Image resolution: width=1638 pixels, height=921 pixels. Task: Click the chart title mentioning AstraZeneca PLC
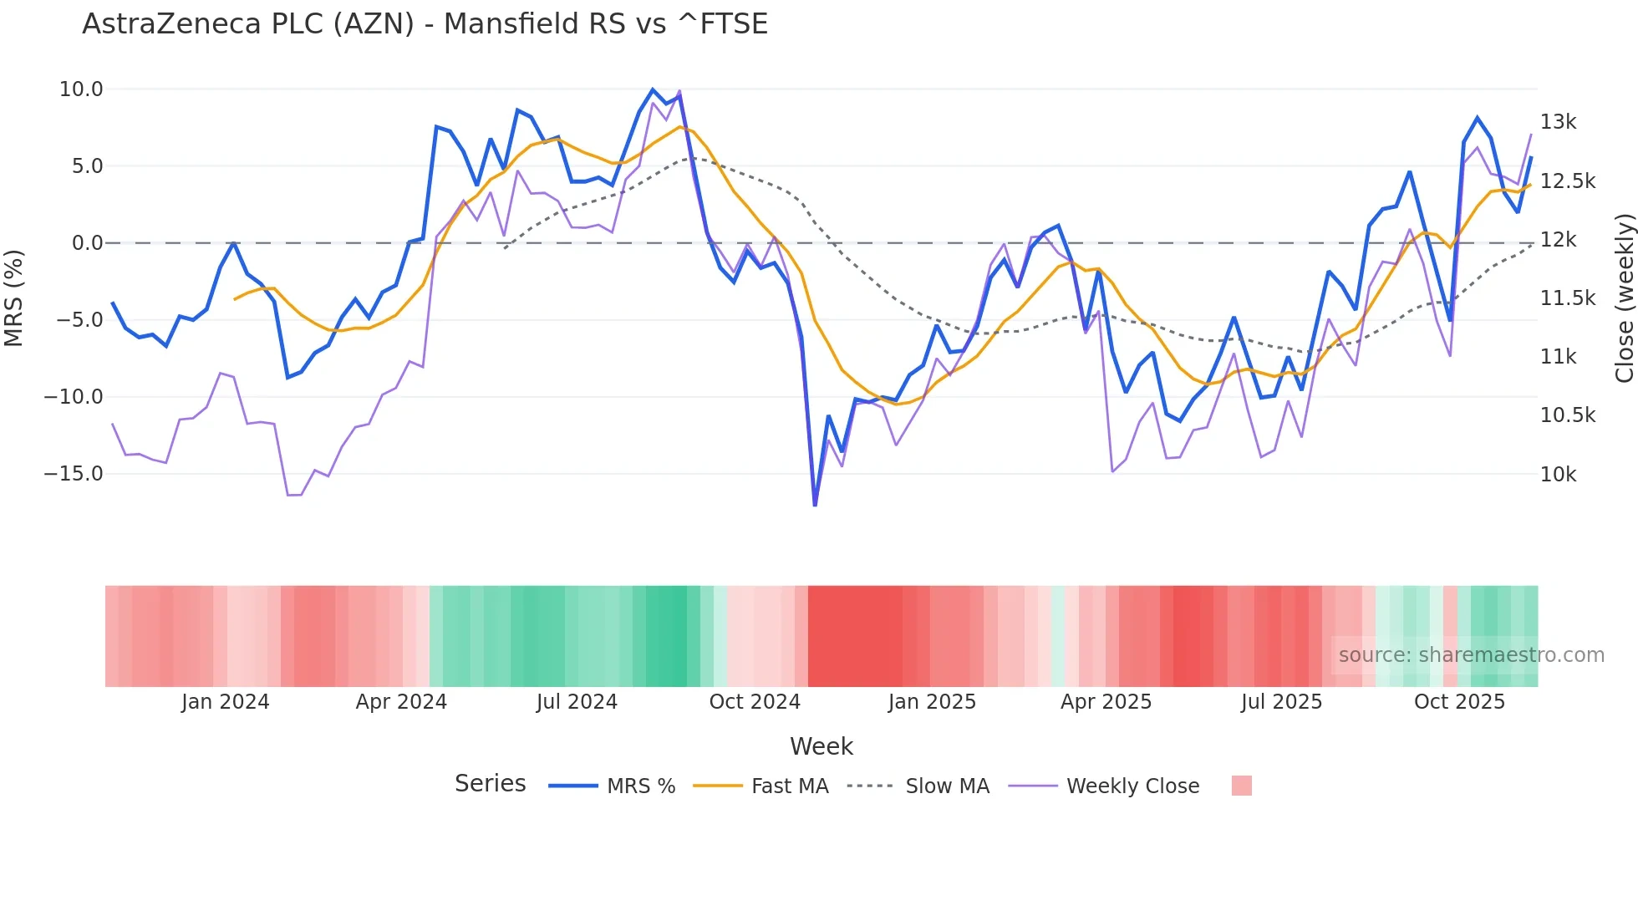pos(425,23)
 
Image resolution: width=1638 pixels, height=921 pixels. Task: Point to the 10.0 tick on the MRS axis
pos(80,89)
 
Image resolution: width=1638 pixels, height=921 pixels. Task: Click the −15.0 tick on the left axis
pos(74,474)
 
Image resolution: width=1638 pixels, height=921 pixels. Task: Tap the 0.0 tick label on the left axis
pos(87,243)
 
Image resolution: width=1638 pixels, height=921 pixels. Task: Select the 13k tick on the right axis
pos(1558,122)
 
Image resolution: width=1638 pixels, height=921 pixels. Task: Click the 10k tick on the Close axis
pos(1558,475)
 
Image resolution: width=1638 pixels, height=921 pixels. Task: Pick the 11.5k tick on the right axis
pos(1567,298)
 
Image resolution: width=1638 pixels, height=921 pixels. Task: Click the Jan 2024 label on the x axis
pos(225,702)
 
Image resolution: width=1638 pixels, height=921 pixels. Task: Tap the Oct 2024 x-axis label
pos(754,702)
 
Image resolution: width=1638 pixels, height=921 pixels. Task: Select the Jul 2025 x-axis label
pos(1281,702)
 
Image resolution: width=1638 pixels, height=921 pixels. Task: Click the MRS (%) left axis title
pos(14,298)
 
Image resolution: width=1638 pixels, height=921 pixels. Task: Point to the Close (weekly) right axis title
pos(1624,298)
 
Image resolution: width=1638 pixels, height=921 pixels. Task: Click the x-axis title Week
pos(821,746)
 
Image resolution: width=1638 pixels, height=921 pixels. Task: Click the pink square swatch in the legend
pos(1241,786)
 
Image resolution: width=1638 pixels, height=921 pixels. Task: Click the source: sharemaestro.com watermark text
pos(1471,655)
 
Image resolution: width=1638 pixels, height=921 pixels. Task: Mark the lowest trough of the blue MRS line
pos(815,504)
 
